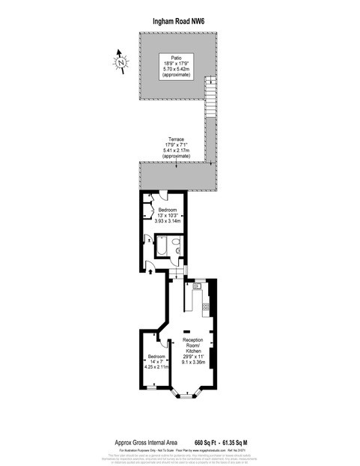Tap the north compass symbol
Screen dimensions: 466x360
coord(121,64)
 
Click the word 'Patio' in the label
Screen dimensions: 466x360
coord(176,57)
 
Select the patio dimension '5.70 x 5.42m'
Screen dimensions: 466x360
coord(176,70)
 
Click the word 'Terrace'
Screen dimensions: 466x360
coord(176,140)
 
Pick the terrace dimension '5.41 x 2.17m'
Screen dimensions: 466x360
coord(176,152)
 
